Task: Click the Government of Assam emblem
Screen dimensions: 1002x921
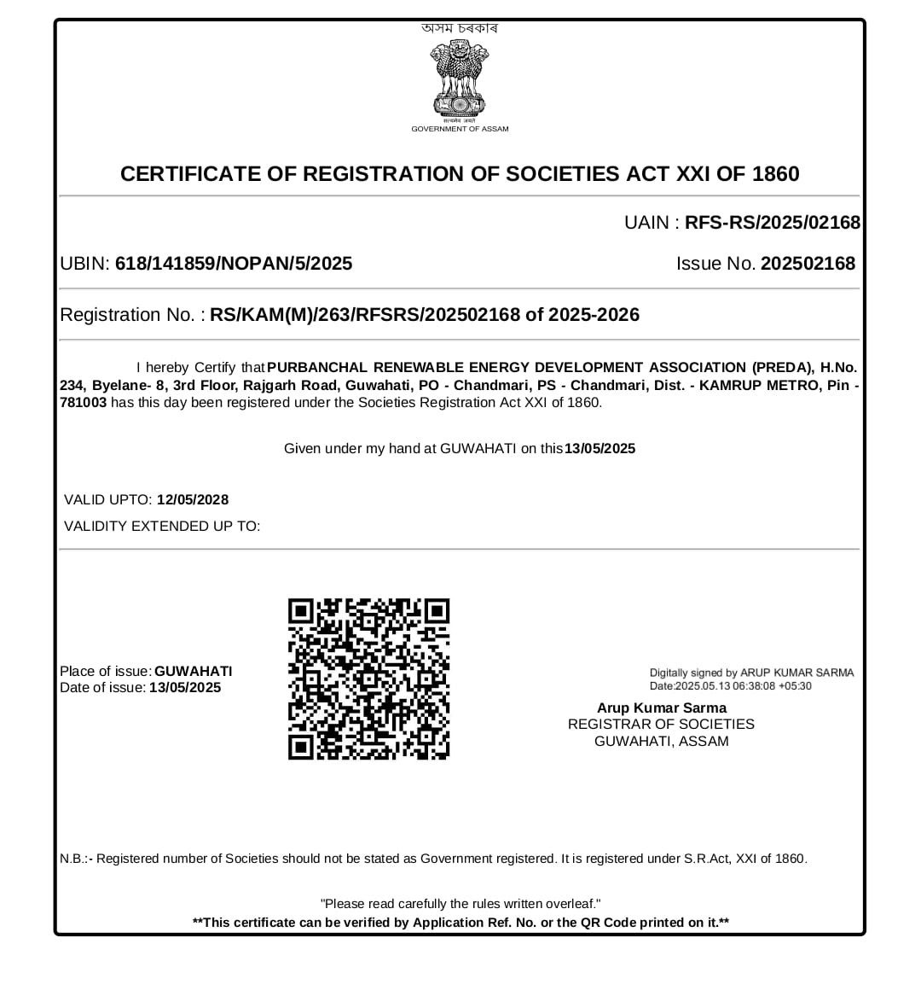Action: tap(459, 79)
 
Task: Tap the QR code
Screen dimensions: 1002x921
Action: tap(368, 679)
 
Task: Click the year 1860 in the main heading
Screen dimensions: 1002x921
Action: tap(775, 174)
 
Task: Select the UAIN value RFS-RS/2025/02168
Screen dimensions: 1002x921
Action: tap(773, 223)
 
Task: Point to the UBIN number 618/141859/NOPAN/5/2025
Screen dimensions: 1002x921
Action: tap(234, 264)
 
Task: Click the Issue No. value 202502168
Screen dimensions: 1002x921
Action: tap(808, 264)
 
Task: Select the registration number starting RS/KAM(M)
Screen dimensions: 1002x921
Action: tap(425, 315)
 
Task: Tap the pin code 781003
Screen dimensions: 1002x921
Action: tap(83, 403)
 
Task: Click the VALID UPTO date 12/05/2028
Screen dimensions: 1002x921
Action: tap(193, 500)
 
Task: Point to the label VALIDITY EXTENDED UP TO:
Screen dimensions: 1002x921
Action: tap(162, 527)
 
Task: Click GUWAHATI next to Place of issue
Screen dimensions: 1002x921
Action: tap(194, 672)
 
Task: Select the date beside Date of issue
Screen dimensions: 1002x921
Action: tap(185, 688)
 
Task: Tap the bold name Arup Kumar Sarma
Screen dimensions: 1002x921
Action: tap(662, 708)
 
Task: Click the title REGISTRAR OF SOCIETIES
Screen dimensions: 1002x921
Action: tap(661, 725)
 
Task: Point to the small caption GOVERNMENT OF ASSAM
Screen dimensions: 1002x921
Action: tap(460, 129)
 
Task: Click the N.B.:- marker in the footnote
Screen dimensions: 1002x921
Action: tap(76, 859)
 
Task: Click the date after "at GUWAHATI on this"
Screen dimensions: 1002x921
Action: tap(600, 449)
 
